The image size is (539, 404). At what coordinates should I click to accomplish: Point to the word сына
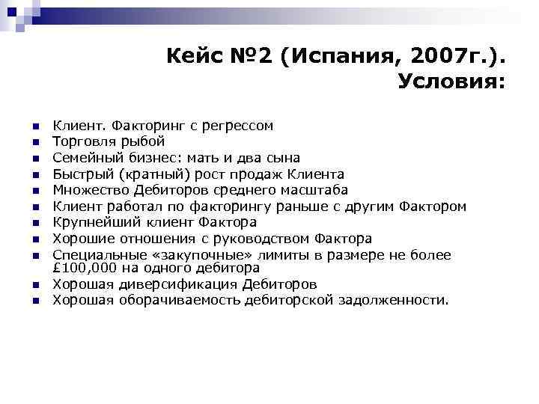(x=284, y=158)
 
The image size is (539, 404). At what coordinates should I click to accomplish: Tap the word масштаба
(x=313, y=190)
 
